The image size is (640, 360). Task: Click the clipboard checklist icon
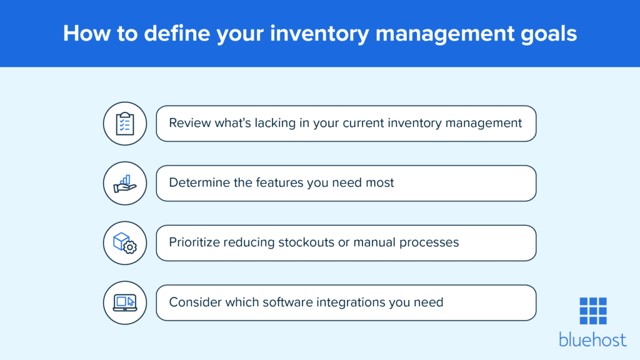(x=125, y=123)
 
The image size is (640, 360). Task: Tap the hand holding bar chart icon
(x=125, y=183)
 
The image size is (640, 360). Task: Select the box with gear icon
(x=125, y=243)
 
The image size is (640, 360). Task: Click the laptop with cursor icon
(x=125, y=303)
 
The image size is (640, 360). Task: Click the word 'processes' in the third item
(x=429, y=243)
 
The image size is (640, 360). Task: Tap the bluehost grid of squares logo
(x=592, y=311)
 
